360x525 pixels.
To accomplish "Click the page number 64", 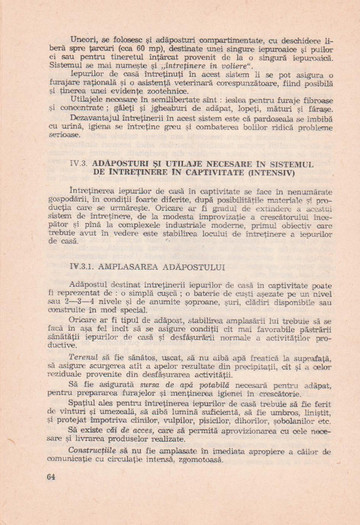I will (x=51, y=505).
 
